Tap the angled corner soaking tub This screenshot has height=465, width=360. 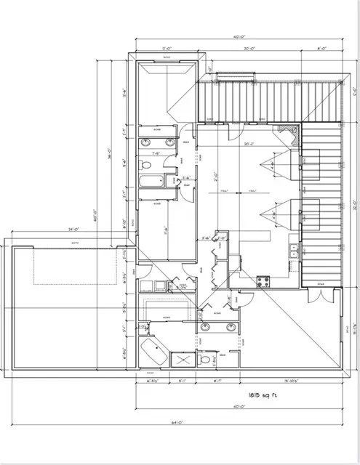click(x=153, y=352)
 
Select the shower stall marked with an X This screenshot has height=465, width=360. click(x=181, y=359)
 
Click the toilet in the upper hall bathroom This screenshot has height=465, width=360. click(x=172, y=179)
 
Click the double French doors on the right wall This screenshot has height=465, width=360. click(x=315, y=295)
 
